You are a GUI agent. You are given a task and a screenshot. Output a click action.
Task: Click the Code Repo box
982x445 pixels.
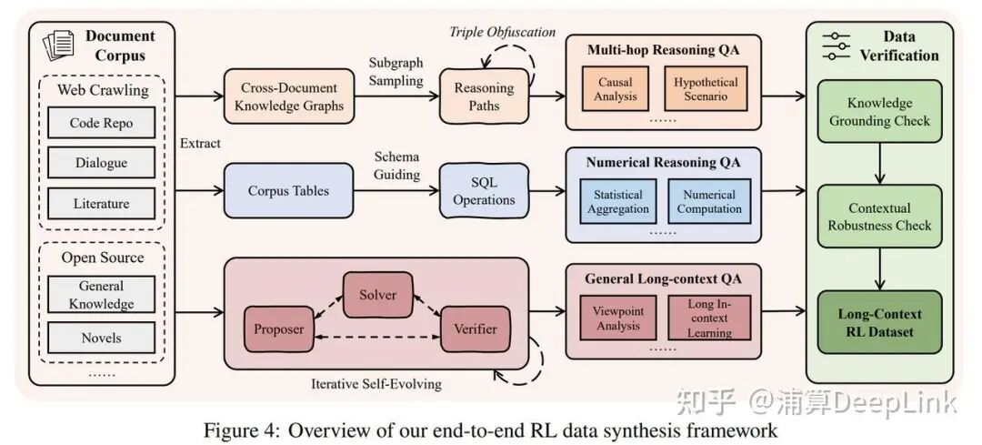tap(100, 123)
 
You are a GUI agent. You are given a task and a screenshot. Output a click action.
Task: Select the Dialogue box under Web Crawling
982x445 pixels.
tap(100, 164)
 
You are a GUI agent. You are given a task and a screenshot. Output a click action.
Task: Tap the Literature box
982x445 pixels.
tap(100, 204)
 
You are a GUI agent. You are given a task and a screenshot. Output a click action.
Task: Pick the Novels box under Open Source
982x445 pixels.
tap(100, 338)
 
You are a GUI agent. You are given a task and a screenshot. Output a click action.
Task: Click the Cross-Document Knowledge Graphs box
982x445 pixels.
tap(292, 96)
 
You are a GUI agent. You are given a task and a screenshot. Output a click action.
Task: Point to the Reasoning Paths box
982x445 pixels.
tap(483, 96)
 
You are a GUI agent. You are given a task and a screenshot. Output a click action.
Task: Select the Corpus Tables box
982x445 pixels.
tap(287, 191)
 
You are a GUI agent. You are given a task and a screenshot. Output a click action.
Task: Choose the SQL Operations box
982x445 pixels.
tap(483, 191)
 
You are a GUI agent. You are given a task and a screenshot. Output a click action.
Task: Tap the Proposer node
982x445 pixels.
tap(278, 329)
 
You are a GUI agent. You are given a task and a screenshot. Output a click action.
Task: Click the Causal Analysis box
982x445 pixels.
tap(616, 89)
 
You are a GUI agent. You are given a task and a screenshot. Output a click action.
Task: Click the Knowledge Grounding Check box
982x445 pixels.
tap(879, 111)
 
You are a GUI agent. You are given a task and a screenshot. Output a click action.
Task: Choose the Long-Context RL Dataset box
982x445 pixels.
tap(879, 322)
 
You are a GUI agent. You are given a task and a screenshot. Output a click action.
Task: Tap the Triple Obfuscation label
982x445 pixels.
tap(502, 32)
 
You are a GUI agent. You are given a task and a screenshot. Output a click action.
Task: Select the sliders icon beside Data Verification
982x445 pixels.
tap(835, 46)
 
